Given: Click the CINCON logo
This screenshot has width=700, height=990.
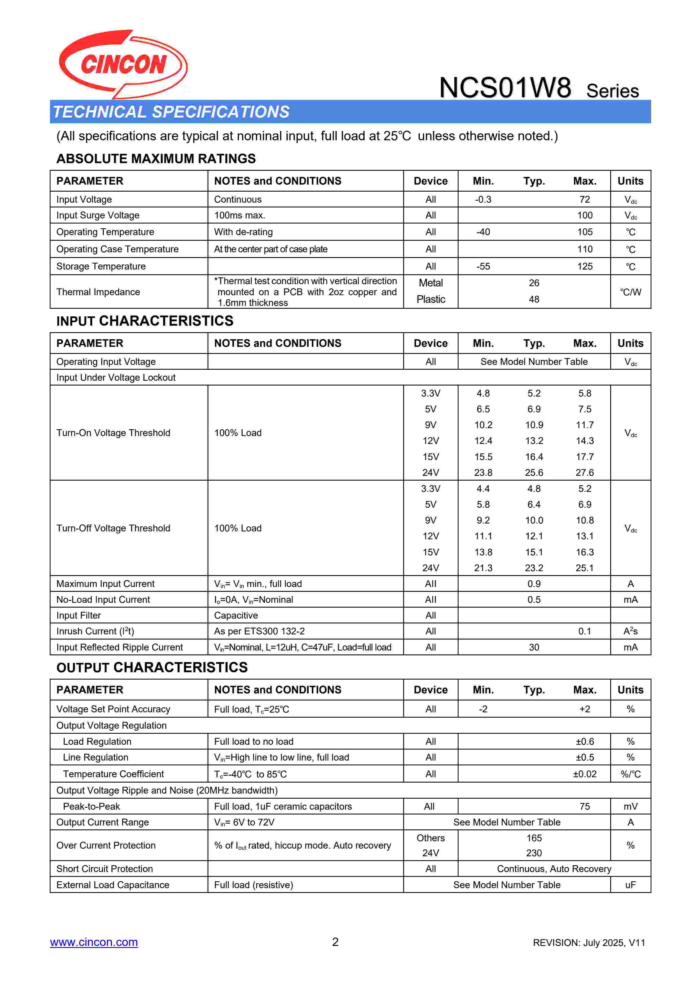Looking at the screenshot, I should [123, 64].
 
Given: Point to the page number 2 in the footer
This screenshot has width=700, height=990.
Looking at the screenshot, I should [335, 942].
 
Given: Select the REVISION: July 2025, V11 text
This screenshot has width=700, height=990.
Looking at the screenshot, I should [589, 943].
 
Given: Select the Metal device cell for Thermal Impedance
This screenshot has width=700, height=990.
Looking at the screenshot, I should [430, 283].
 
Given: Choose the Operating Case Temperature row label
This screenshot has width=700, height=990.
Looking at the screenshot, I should [117, 249].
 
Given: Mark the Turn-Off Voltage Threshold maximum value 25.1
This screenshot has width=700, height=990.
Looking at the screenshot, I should [585, 568].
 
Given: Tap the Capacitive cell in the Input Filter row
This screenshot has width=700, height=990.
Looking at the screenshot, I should [236, 615].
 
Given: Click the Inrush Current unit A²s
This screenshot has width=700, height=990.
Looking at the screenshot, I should [630, 631].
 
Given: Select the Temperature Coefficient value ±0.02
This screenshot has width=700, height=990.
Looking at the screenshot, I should [585, 774].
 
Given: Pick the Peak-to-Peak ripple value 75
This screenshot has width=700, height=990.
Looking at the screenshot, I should [585, 806].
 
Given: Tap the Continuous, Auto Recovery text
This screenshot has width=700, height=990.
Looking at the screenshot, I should [554, 869].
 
